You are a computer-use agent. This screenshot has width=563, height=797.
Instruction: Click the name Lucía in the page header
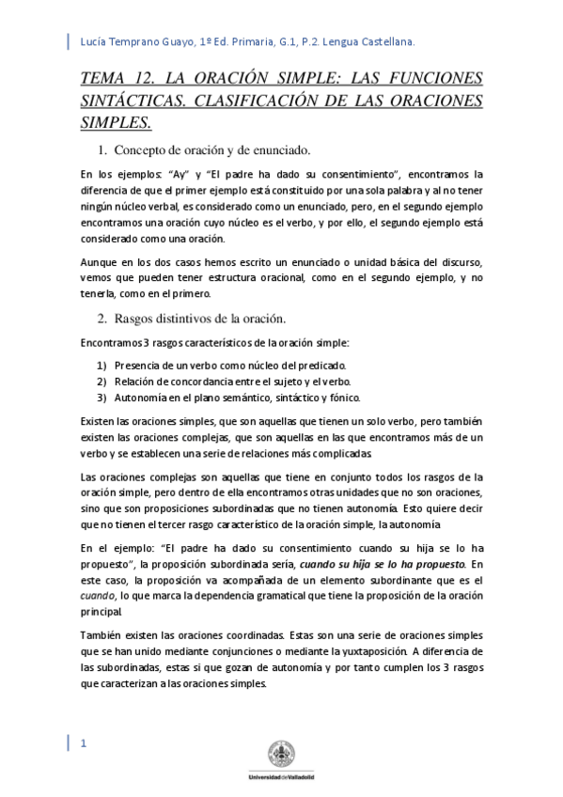click(x=97, y=42)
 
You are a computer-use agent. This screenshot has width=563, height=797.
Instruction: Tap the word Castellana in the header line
click(x=385, y=42)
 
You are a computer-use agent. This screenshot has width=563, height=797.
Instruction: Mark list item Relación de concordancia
click(x=232, y=381)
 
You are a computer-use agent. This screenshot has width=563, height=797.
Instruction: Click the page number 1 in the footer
click(x=85, y=744)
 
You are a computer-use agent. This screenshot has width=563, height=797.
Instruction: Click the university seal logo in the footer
click(x=281, y=754)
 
